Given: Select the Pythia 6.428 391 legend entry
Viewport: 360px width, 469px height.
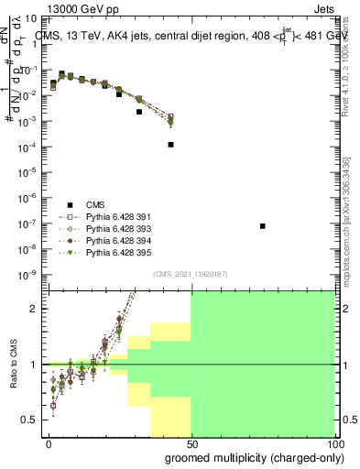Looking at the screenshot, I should [114, 216].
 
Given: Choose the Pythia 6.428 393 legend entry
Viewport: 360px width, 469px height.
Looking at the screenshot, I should [114, 228].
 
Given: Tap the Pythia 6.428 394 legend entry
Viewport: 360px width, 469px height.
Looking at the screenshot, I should [114, 240].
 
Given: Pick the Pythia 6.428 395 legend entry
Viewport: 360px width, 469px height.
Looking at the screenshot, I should [114, 252].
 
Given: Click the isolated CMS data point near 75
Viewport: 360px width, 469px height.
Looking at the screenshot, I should [263, 226].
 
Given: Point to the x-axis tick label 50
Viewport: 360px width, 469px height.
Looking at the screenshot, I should [191, 443].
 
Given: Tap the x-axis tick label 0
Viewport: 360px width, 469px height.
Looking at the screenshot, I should [49, 443].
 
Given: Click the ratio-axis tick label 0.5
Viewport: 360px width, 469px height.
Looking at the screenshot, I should [33, 420].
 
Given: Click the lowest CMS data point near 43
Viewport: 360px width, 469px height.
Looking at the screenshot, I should [171, 145].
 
